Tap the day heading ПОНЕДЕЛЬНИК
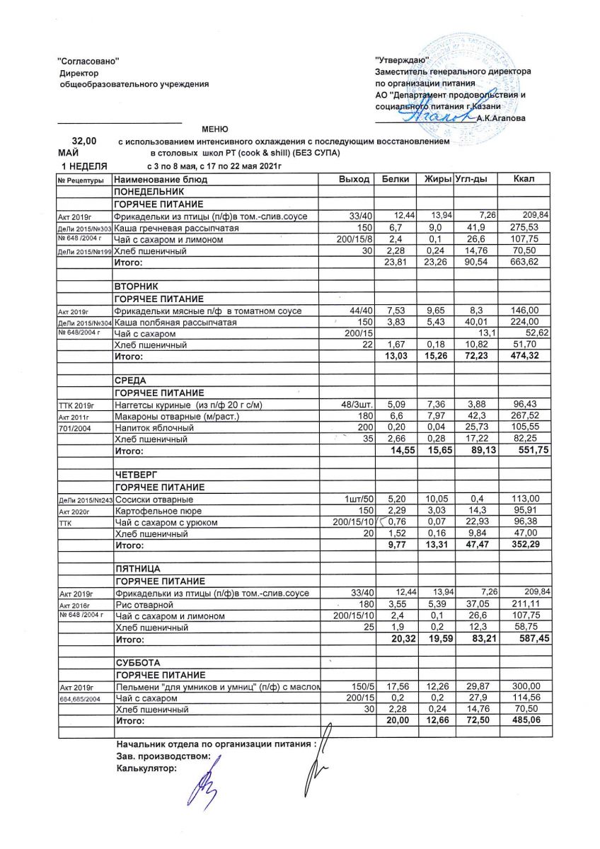click(x=144, y=192)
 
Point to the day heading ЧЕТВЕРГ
click(x=134, y=475)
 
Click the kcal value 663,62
click(x=524, y=263)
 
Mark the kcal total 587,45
click(x=524, y=640)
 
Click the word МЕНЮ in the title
click(x=215, y=129)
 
